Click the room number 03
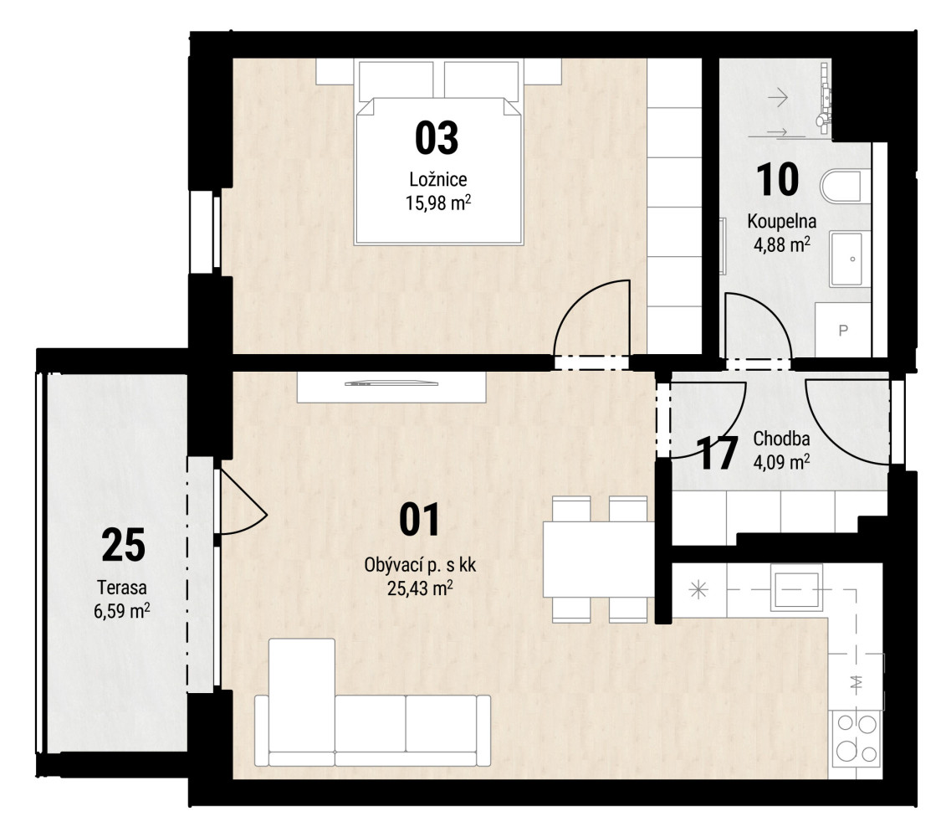(x=437, y=138)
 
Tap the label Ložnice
(x=438, y=179)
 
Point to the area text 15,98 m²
(x=438, y=203)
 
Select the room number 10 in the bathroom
(x=778, y=179)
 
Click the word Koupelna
(x=782, y=221)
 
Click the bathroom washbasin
(x=850, y=259)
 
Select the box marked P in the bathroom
(x=843, y=330)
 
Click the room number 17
(x=718, y=454)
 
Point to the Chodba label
(x=781, y=439)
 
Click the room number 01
(x=420, y=521)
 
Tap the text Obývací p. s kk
(x=420, y=565)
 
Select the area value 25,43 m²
(x=420, y=588)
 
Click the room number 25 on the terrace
(x=123, y=545)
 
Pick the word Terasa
(x=122, y=588)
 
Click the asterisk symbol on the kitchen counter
(x=698, y=590)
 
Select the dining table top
(x=599, y=559)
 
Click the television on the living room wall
(x=391, y=383)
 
